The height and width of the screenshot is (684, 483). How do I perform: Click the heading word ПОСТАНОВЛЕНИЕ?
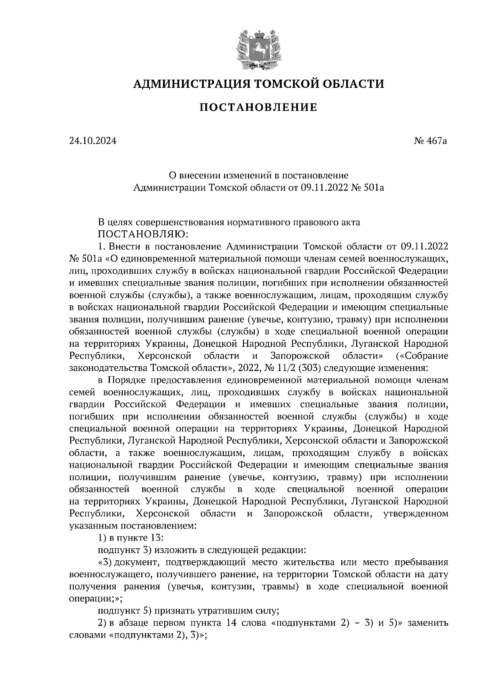pos(258,108)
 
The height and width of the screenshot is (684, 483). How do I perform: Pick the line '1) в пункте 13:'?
pos(130,538)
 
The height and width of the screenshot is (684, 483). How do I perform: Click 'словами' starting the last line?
pos(87,635)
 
